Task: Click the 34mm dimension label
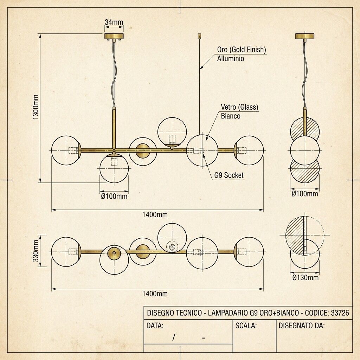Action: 114,22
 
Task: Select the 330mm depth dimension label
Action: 36,251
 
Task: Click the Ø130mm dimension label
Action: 306,278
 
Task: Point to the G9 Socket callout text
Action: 229,175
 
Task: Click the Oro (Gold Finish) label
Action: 242,50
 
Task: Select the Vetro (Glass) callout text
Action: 239,107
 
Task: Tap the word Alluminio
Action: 231,59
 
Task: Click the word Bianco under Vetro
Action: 231,116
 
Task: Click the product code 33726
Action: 340,313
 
